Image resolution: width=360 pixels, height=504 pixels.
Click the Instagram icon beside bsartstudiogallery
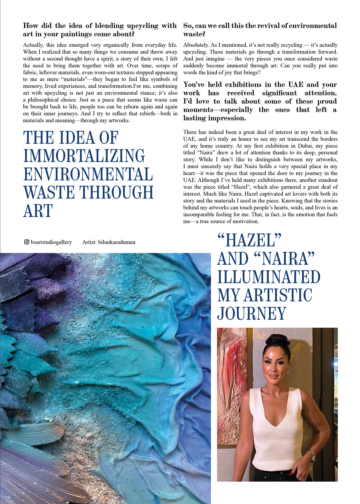pyautogui.click(x=27, y=242)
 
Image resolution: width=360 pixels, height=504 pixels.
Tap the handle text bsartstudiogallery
pyautogui.click(x=51, y=242)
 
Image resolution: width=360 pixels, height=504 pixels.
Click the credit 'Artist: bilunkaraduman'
pyautogui.click(x=109, y=242)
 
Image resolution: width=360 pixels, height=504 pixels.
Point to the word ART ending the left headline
pyautogui.click(x=38, y=211)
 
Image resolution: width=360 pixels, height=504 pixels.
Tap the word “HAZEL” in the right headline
pyautogui.click(x=249, y=240)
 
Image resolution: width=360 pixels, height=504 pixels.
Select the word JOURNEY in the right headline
pyautogui.click(x=252, y=314)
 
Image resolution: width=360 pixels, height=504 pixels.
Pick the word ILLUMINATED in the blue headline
pyautogui.click(x=269, y=277)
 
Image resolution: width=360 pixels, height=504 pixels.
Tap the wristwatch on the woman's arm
pyautogui.click(x=312, y=455)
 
